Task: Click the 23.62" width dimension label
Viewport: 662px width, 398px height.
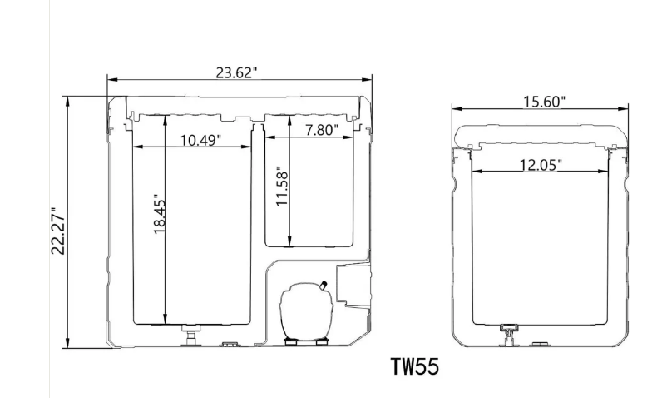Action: tap(236, 72)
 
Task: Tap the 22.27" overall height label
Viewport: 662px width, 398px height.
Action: tap(58, 231)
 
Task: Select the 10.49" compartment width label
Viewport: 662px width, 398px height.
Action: tap(200, 140)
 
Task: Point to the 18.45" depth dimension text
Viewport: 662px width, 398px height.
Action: tap(160, 214)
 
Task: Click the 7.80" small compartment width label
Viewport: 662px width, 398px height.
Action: tap(322, 130)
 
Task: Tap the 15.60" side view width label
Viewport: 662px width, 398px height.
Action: tap(544, 102)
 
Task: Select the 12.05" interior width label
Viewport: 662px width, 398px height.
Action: tap(541, 165)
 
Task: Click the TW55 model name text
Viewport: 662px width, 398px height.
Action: tap(415, 366)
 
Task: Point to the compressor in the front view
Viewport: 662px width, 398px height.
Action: tap(307, 311)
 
